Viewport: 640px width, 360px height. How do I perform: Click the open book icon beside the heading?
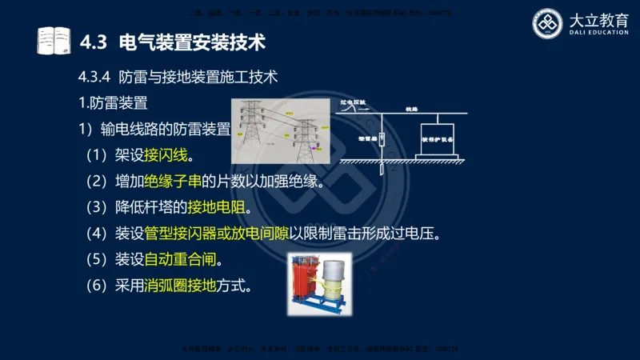[x=54, y=39]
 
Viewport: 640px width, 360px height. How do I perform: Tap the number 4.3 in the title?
[x=96, y=39]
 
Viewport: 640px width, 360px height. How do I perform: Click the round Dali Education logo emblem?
[x=550, y=23]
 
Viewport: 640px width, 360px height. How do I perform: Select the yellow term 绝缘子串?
[x=172, y=181]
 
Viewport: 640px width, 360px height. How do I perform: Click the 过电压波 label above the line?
[x=353, y=102]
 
